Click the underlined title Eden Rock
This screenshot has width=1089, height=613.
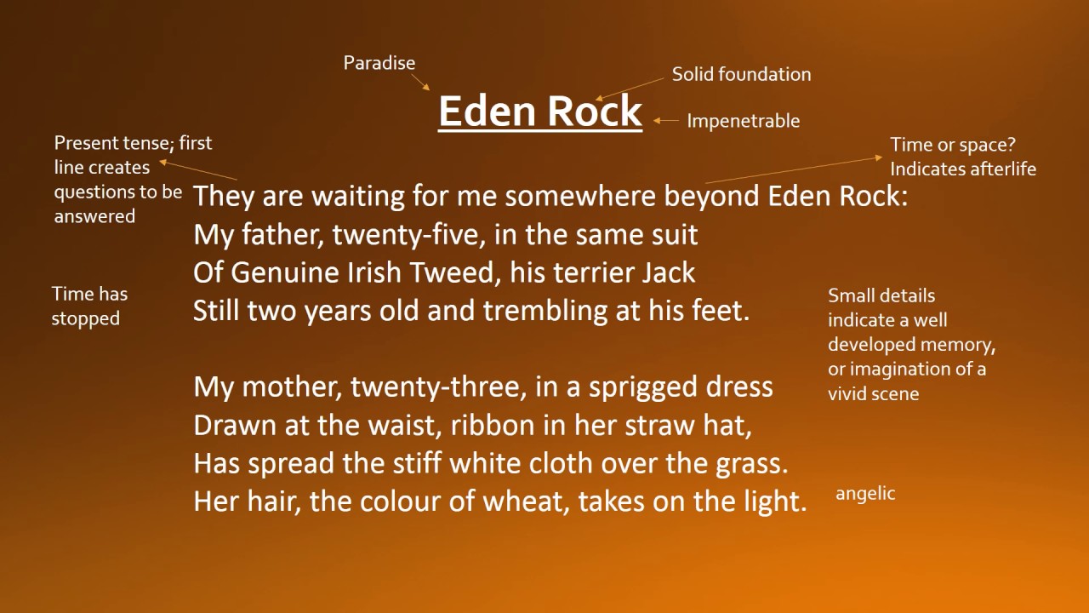pyautogui.click(x=540, y=112)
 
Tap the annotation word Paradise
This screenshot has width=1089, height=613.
pyautogui.click(x=379, y=63)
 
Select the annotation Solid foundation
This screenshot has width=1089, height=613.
pyautogui.click(x=741, y=74)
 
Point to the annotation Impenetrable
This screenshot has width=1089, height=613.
pyautogui.click(x=744, y=121)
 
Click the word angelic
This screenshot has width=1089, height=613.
pyautogui.click(x=865, y=494)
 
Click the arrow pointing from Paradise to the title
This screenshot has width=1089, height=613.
pyautogui.click(x=420, y=82)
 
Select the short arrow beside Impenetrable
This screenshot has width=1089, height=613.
pyautogui.click(x=666, y=120)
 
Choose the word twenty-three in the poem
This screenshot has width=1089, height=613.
pyautogui.click(x=438, y=387)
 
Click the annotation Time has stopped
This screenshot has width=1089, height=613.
pyautogui.click(x=89, y=306)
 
